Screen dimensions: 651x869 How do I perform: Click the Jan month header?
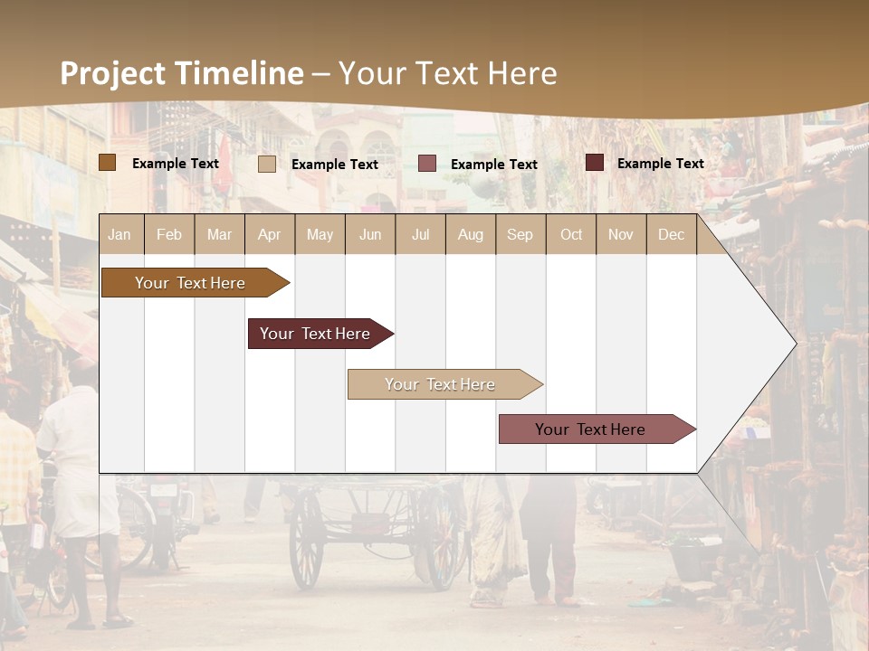point(120,234)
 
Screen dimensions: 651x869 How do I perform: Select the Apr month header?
point(270,234)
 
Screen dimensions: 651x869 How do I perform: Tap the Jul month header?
point(420,234)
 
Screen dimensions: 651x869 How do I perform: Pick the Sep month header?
point(520,234)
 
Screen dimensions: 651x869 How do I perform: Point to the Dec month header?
point(671,234)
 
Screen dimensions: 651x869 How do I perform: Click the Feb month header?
point(169,234)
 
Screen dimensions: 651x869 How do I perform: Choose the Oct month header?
point(571,234)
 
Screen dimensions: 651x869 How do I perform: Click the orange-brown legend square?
point(108,163)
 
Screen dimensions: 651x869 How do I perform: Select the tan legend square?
point(267,164)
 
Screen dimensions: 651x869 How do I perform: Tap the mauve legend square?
point(427,164)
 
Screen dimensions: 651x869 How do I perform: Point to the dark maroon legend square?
point(595,163)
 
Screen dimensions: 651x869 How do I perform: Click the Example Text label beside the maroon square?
point(660,164)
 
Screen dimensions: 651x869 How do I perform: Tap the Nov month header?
point(621,234)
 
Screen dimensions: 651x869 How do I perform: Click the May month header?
point(320,234)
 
